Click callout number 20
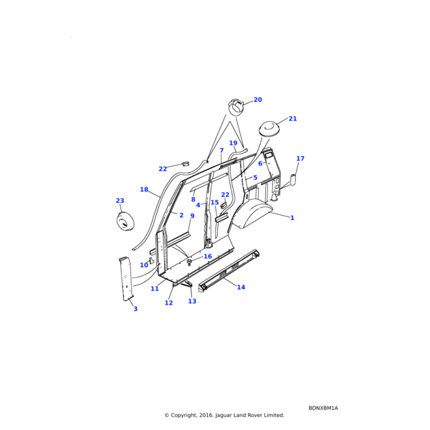pos(257,100)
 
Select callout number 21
pos(292,119)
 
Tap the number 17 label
pos(300,158)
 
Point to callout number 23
pos(120,201)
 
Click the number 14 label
pos(241,287)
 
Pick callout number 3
pos(135,309)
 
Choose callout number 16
pos(208,256)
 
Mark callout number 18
pos(144,189)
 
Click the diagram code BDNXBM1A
pos(323,408)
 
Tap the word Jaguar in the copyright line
pos(224,415)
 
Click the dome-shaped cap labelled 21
pos(268,128)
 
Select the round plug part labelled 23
pos(125,220)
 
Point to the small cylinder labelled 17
pos(293,180)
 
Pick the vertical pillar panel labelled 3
pos(126,279)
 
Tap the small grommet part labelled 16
pos(189,262)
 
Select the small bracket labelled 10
pos(151,261)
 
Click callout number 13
pos(192,301)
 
